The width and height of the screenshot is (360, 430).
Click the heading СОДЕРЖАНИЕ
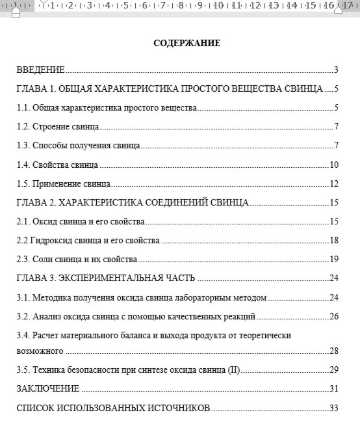click(x=186, y=44)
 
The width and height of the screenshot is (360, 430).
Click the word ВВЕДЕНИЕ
click(x=40, y=70)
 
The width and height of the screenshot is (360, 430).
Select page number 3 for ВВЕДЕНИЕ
click(x=336, y=70)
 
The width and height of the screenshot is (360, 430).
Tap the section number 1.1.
click(x=23, y=108)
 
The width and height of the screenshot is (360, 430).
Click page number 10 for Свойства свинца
click(x=334, y=165)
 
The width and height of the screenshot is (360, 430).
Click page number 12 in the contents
click(x=334, y=183)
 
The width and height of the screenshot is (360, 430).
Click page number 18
click(x=334, y=241)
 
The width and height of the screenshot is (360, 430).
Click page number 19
click(x=334, y=260)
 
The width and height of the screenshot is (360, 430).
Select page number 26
click(x=334, y=317)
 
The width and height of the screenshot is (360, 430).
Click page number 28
click(x=334, y=351)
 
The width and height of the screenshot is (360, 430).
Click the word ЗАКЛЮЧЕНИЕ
click(x=48, y=389)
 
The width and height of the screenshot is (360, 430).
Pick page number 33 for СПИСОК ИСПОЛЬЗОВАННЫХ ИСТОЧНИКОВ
click(x=334, y=409)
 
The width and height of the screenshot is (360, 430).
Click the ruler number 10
click(x=219, y=6)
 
